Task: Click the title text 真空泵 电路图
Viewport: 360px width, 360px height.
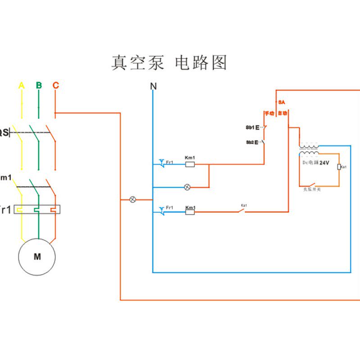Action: click(169, 63)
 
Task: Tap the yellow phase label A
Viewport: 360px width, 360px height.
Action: click(21, 85)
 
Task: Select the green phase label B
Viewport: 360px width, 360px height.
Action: click(39, 85)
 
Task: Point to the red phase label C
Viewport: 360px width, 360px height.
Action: click(55, 85)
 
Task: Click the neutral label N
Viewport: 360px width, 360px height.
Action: click(153, 86)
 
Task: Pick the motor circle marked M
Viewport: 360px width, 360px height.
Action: click(37, 257)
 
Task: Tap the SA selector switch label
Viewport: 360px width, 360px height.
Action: click(282, 102)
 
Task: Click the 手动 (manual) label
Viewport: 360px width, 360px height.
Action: click(269, 113)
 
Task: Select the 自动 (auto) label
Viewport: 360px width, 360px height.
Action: click(282, 113)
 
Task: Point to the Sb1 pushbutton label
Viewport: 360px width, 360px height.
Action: click(250, 127)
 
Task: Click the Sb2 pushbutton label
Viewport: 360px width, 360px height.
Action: click(250, 142)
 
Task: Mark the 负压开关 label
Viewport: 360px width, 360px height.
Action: click(312, 189)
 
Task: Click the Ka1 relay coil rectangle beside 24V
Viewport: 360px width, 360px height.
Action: click(338, 167)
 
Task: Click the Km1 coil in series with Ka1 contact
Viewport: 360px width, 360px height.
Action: click(190, 212)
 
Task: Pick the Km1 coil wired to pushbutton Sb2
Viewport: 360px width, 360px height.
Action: click(190, 164)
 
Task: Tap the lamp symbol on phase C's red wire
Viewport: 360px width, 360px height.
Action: click(133, 199)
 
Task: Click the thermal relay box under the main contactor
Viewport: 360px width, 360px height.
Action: click(38, 209)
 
